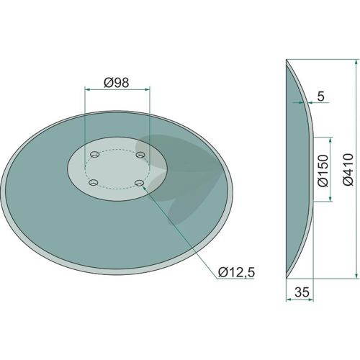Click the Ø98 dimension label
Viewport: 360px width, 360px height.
point(117,82)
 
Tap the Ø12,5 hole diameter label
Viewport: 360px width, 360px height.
point(236,273)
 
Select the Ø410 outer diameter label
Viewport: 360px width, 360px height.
point(348,169)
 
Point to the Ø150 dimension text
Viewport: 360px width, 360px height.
point(323,171)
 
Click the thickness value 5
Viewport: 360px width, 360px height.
point(321,96)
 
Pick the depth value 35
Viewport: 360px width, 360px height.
point(302,292)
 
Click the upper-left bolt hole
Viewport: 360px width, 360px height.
point(94,154)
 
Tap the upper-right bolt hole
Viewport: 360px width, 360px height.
point(140,155)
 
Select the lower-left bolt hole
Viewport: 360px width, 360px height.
point(93,183)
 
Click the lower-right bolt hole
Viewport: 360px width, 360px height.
point(139,184)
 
